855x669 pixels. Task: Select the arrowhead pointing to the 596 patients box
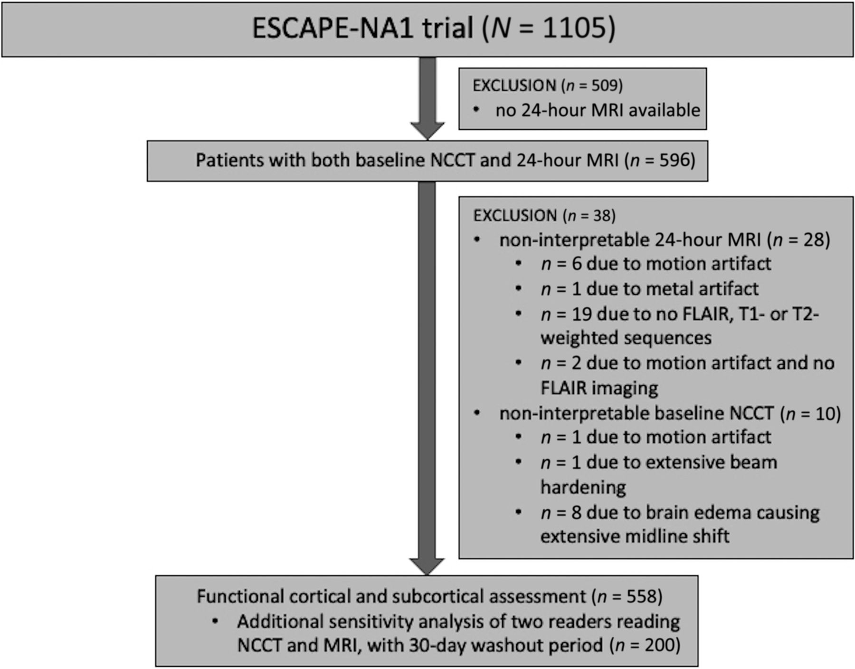[x=427, y=131]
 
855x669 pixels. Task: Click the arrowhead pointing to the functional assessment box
[x=427, y=566]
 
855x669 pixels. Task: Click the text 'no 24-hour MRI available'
[x=598, y=110]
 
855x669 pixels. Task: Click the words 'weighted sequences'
[x=626, y=338]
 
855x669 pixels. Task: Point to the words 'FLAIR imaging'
[x=599, y=388]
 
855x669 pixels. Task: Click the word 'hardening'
[x=583, y=487]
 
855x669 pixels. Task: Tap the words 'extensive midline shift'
[x=635, y=536]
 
